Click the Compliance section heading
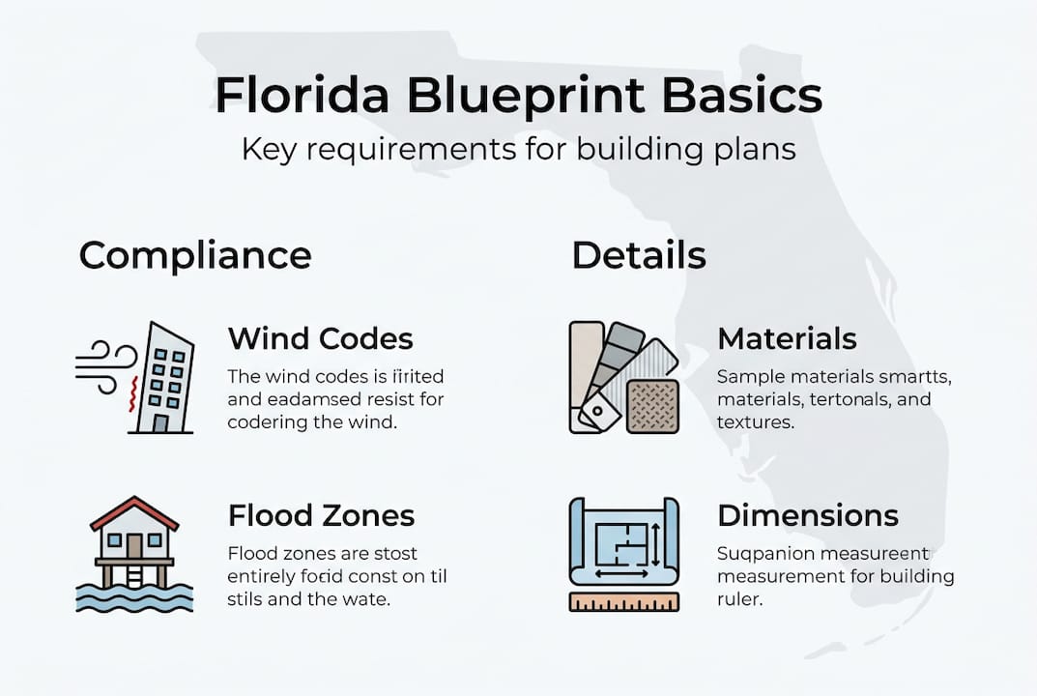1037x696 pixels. (x=195, y=256)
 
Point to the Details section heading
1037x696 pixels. (x=638, y=256)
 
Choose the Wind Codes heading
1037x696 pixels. (x=320, y=339)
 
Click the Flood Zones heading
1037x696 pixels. (x=321, y=515)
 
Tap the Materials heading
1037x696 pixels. (x=787, y=339)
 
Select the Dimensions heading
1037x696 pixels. (x=807, y=515)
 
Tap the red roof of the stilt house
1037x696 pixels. (x=134, y=513)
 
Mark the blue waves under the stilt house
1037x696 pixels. (x=134, y=597)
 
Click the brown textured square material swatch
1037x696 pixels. (x=652, y=405)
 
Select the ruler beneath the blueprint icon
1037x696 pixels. (x=623, y=602)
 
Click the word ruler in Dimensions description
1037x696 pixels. (x=736, y=598)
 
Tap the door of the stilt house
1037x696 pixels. (x=134, y=547)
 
